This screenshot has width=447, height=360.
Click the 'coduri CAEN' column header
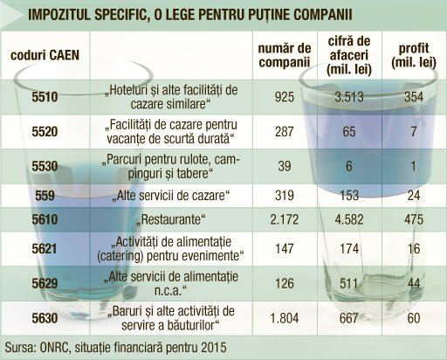coord(45,55)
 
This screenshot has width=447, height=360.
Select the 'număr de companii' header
coord(285,55)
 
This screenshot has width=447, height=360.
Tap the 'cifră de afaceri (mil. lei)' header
coord(349,55)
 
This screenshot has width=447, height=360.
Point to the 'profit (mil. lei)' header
coord(414,55)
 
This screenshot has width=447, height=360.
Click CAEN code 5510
coord(45,97)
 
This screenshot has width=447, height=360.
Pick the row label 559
coord(45,196)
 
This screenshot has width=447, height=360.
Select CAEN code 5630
coord(45,318)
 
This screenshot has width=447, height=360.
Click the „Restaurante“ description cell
coord(171,219)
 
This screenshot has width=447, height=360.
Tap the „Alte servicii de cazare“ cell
coord(171,196)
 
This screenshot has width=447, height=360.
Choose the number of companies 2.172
coord(285,219)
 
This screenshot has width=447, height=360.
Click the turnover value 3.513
coord(349,97)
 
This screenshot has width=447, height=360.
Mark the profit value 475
coord(414,219)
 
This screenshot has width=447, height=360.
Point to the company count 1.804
coord(285,318)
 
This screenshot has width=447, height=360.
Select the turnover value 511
coord(349,283)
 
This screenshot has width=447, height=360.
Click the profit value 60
coord(414,318)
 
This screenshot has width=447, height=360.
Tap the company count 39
coord(285,166)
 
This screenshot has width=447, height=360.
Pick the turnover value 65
coord(349,131)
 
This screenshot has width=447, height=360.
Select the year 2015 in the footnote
coord(214,347)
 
